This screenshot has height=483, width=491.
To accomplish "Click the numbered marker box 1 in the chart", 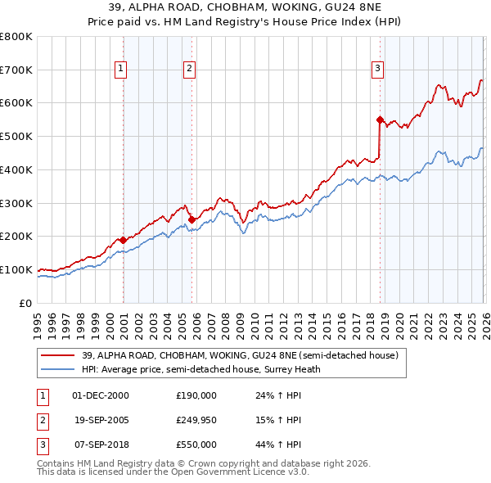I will (120, 70).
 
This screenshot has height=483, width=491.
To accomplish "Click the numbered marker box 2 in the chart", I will (189, 70).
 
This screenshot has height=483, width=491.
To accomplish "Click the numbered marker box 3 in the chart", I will (378, 70).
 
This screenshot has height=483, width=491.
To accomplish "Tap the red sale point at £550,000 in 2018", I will (380, 120).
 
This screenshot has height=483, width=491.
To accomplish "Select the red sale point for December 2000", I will (123, 240).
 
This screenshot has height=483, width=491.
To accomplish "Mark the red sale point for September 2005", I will (191, 219).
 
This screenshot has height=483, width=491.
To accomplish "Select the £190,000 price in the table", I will (196, 395).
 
